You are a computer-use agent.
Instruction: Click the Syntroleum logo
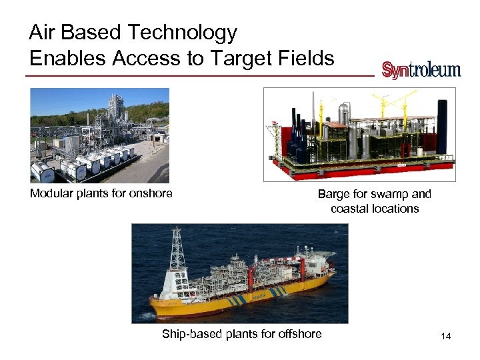pos(421,70)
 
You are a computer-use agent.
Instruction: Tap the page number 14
pos(445,337)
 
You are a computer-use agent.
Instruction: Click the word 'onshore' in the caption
pos(151,194)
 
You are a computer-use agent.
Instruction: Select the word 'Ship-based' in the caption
pos(190,334)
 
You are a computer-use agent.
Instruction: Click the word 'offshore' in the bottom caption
pos(299,334)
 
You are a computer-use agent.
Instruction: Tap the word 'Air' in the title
pos(43,33)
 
